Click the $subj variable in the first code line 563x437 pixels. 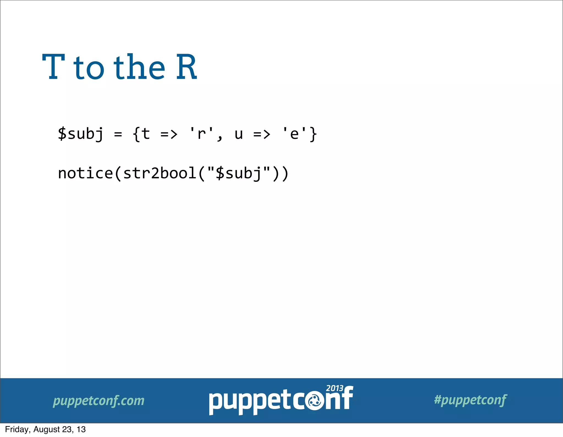tap(81, 134)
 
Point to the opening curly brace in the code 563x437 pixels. tap(136, 134)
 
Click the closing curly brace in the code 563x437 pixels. tap(313, 134)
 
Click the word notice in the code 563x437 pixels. tap(85, 173)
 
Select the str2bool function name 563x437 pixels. tap(160, 173)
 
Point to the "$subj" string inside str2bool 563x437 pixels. tap(239, 173)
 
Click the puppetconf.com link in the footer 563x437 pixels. tap(98, 401)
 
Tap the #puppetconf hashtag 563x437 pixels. tap(470, 400)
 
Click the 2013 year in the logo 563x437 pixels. tap(335, 388)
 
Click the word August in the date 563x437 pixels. tap(46, 430)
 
